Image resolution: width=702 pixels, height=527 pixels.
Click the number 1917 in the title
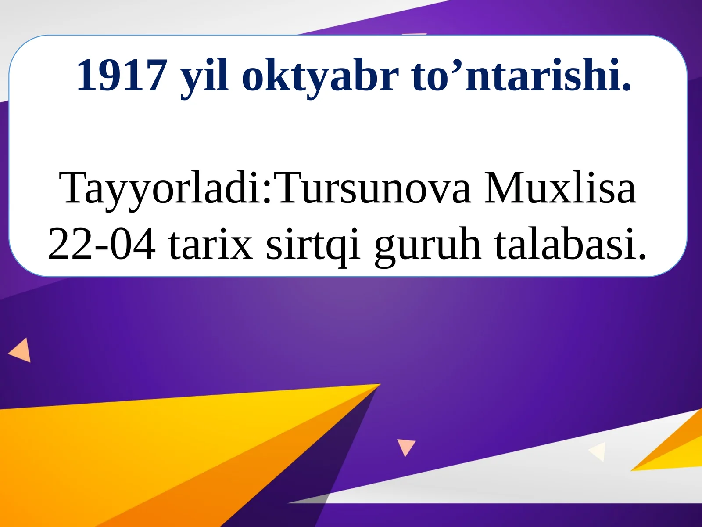point(122,76)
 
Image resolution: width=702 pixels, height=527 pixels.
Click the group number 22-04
point(102,244)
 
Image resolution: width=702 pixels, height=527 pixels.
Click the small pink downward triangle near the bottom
point(406,446)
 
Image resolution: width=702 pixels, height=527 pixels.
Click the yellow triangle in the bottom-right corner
point(676,452)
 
